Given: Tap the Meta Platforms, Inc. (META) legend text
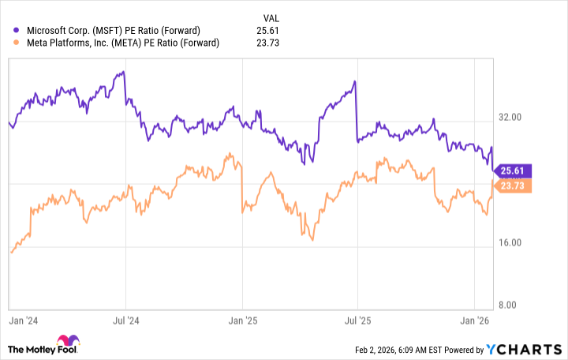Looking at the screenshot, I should pyautogui.click(x=121, y=43).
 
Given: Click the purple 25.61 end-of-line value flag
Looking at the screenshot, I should pyautogui.click(x=513, y=171).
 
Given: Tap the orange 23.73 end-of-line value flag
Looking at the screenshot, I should pyautogui.click(x=513, y=186).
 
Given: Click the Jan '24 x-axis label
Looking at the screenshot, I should pyautogui.click(x=21, y=321).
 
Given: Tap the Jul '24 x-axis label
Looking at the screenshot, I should pyautogui.click(x=125, y=321).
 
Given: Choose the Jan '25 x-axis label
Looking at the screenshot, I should pyautogui.click(x=241, y=321).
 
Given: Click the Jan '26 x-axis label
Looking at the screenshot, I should pyautogui.click(x=473, y=321).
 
